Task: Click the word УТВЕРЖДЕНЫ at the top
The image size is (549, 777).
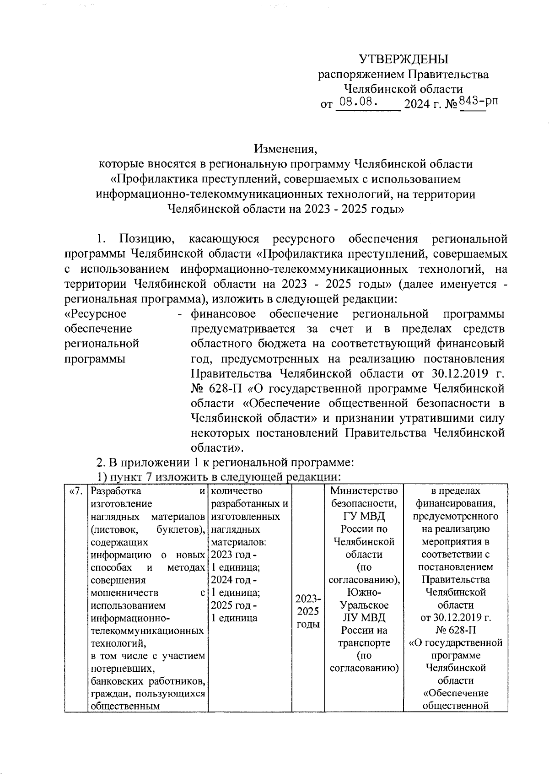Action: pyautogui.click(x=403, y=59)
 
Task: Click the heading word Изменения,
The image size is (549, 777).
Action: pyautogui.click(x=286, y=149)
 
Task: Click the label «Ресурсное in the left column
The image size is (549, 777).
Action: pyautogui.click(x=96, y=314)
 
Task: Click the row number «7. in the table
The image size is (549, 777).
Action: pyautogui.click(x=75, y=491)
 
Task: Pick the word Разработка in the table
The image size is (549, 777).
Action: pyautogui.click(x=116, y=491)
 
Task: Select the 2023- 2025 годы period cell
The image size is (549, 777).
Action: pyautogui.click(x=308, y=611)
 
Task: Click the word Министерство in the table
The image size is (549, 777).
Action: pyautogui.click(x=364, y=491)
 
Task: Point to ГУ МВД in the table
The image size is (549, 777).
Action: pyautogui.click(x=364, y=516)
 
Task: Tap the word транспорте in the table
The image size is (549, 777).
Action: pyautogui.click(x=364, y=642)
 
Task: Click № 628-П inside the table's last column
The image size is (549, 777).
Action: pyautogui.click(x=455, y=630)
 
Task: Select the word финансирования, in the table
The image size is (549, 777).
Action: pyautogui.click(x=455, y=503)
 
